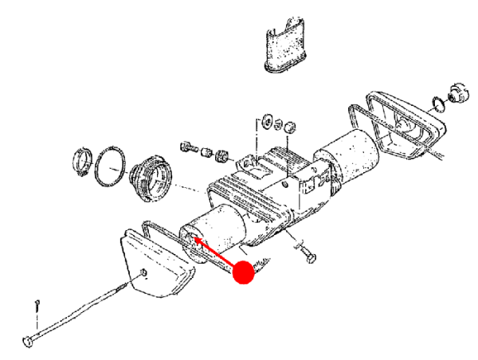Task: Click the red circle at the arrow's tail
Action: (x=242, y=273)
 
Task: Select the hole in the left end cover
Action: (x=142, y=275)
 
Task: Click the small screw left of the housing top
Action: (x=188, y=147)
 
